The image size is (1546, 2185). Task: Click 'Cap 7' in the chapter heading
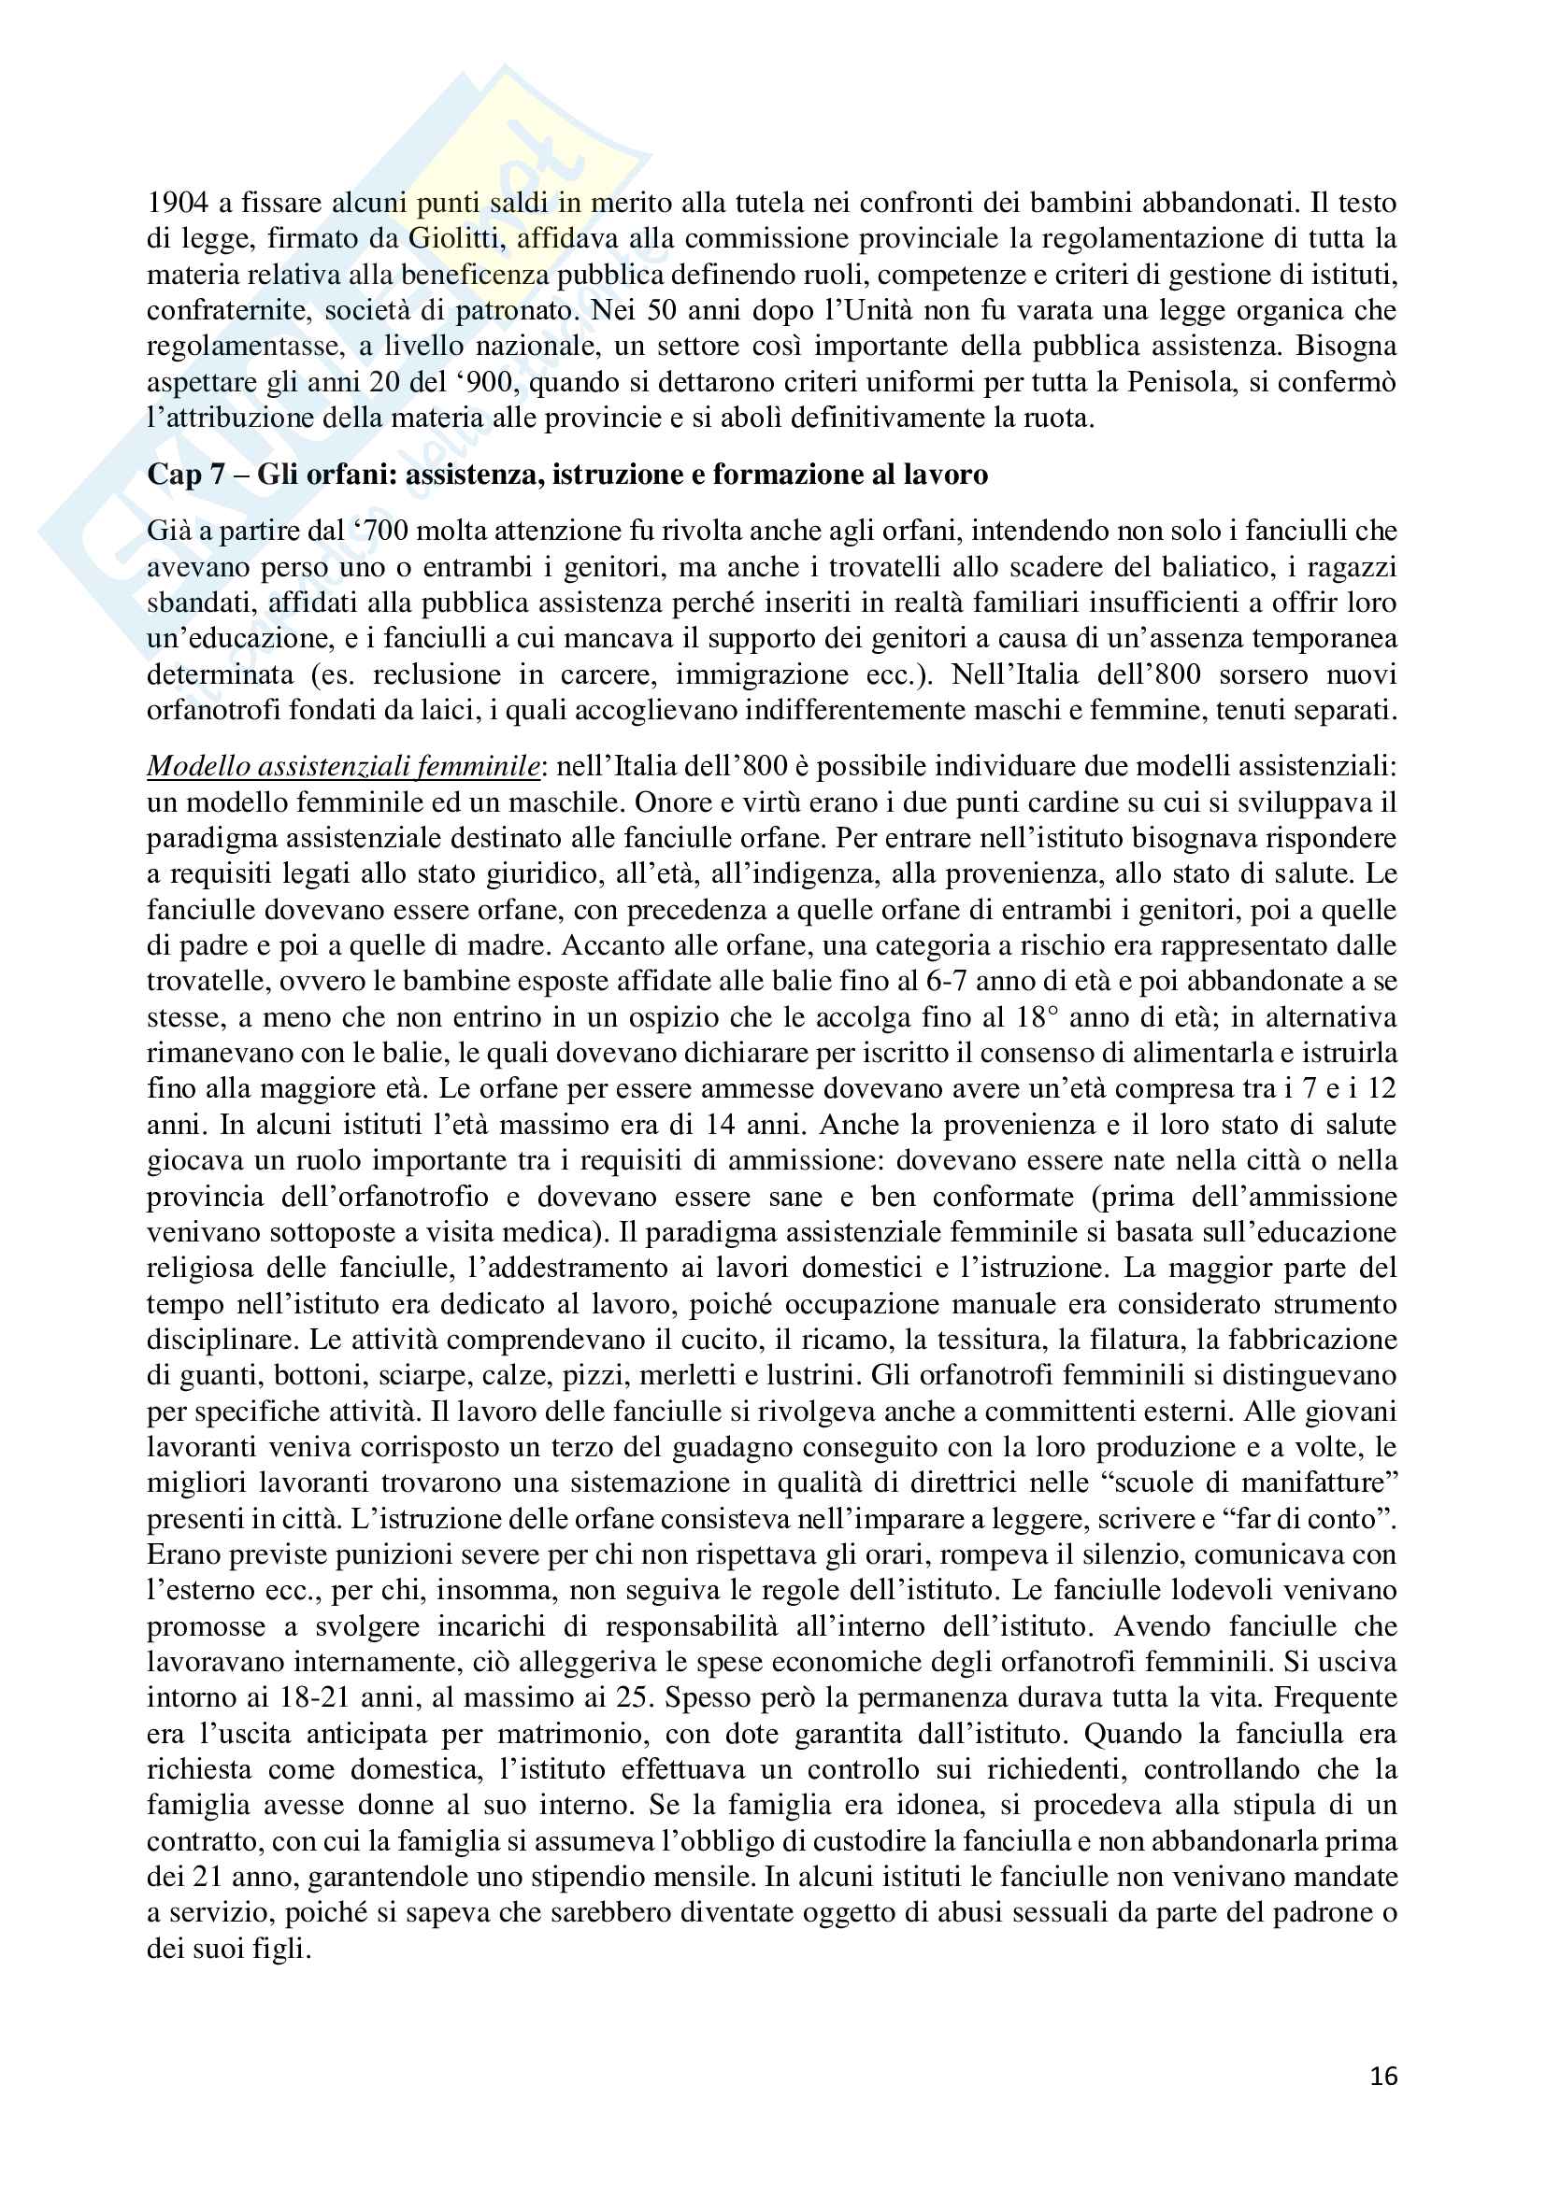point(185,474)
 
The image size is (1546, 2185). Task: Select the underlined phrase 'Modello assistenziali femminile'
point(344,766)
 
